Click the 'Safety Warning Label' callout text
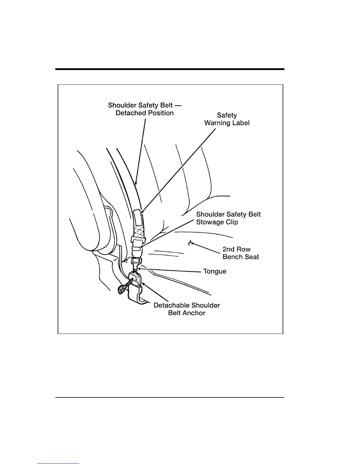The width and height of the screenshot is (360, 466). [227, 119]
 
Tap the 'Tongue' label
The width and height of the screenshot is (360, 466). [215, 271]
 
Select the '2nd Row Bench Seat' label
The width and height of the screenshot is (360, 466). [241, 253]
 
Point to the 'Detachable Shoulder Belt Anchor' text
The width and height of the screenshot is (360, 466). [186, 309]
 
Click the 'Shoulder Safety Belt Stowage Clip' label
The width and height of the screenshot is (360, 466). [228, 218]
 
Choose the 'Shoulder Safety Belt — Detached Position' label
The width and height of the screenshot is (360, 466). [144, 109]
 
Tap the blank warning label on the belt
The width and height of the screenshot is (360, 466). [137, 217]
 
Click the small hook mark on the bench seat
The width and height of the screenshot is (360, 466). [190, 243]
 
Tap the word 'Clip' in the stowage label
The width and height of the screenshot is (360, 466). [232, 222]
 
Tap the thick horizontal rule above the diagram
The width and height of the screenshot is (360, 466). [170, 69]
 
